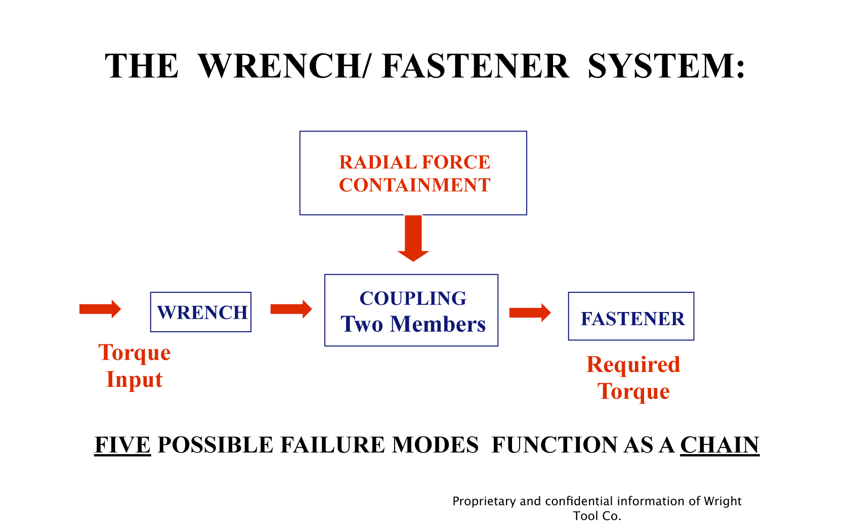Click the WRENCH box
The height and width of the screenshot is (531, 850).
tap(201, 312)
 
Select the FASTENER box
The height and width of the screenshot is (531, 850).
tap(631, 317)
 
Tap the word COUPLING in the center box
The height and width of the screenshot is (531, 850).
tap(413, 298)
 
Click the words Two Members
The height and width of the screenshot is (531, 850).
tap(413, 324)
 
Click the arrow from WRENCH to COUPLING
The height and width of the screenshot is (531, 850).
tap(291, 309)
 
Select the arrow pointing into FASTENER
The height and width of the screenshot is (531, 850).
tap(530, 313)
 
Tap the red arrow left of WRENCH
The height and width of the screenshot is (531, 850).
tap(100, 309)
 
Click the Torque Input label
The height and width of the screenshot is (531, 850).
tap(135, 366)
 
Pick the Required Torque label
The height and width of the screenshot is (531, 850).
tap(633, 378)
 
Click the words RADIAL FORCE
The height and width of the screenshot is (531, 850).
tap(414, 162)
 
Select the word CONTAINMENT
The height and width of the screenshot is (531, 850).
tap(414, 185)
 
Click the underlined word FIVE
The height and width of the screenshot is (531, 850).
tap(122, 445)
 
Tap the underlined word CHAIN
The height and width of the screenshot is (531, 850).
tap(719, 445)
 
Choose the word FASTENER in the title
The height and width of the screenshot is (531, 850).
tap(476, 66)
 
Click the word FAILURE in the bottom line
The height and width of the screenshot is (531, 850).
tap(334, 445)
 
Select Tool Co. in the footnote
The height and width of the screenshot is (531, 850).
tap(597, 516)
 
